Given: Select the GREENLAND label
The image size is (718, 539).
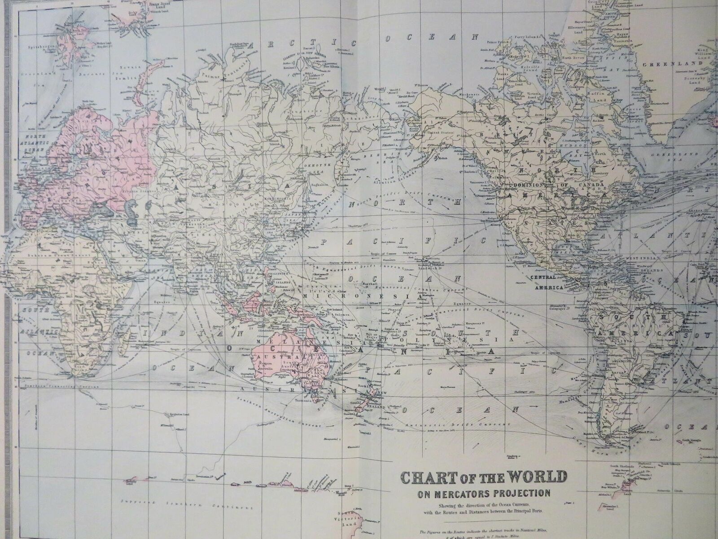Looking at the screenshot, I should click(x=664, y=65).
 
